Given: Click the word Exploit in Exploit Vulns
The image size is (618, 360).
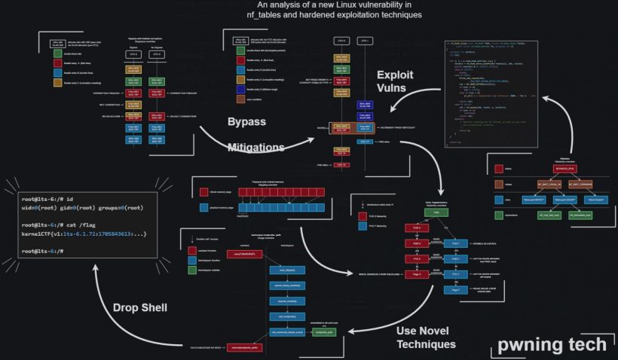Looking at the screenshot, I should click(x=395, y=75).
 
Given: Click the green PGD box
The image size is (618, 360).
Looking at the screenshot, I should click(x=436, y=213).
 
